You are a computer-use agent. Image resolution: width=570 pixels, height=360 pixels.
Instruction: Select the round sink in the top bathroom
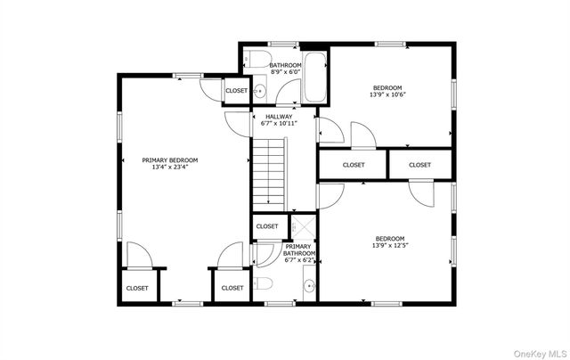[259, 92]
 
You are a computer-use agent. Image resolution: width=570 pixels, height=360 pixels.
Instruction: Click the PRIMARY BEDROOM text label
[170, 160]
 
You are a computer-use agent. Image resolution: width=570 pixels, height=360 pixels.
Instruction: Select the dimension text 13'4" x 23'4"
[170, 168]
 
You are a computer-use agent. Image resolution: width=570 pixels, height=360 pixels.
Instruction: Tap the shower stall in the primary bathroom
[301, 227]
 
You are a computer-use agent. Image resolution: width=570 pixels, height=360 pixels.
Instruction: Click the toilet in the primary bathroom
[263, 285]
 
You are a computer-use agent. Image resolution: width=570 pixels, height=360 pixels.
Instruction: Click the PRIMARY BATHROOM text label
[298, 250]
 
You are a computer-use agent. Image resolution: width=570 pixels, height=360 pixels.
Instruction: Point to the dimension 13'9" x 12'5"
[390, 245]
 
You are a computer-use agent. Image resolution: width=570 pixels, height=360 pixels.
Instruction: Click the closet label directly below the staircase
[267, 226]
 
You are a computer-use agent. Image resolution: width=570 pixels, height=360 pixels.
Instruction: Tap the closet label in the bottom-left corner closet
[137, 288]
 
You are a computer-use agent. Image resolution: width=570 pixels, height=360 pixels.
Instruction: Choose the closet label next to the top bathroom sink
[236, 91]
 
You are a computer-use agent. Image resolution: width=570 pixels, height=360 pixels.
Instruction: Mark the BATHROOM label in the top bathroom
[286, 65]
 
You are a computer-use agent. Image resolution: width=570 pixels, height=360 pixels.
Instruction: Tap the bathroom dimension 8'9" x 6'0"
[286, 72]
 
